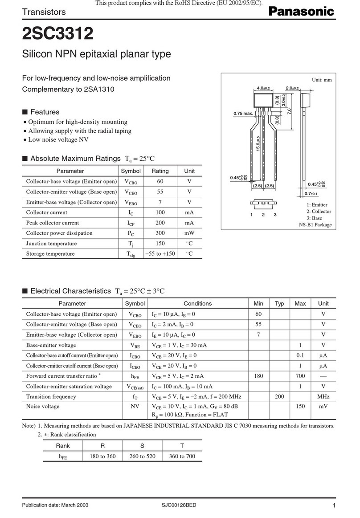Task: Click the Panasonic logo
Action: coord(300,12)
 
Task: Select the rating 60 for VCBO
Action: coord(160,181)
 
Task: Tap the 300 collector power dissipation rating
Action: coord(160,233)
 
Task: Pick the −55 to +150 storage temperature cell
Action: coord(160,254)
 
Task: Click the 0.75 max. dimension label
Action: coord(243,113)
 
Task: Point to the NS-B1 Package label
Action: coord(315,225)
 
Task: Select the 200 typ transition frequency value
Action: coord(279,397)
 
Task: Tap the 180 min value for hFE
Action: coord(258,376)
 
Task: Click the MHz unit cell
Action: coord(323,397)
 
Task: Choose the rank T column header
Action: coord(182,446)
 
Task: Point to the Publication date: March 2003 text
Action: coord(55,505)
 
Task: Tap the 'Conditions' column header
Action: coord(197,304)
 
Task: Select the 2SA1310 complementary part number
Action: coord(99,89)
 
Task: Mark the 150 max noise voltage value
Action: coord(300,407)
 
